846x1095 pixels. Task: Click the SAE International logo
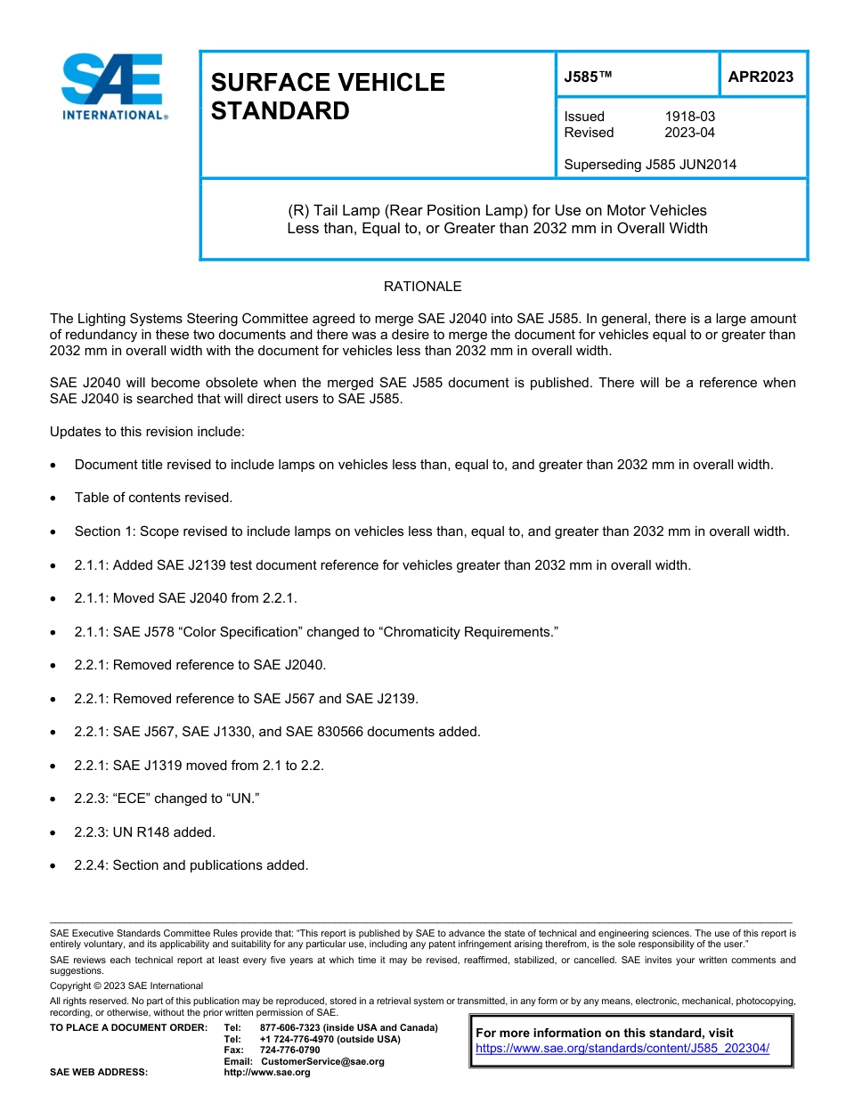(x=113, y=86)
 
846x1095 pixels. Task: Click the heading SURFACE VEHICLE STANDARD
(x=327, y=96)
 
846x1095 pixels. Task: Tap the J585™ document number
(x=588, y=77)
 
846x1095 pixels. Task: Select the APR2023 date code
(x=761, y=77)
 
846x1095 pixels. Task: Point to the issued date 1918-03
(x=689, y=117)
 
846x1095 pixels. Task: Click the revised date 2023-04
(x=689, y=133)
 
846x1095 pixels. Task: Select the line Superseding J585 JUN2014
(x=650, y=165)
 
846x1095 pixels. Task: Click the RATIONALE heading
(x=422, y=287)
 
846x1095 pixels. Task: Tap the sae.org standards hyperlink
(x=622, y=1048)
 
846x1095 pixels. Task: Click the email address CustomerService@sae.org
(x=321, y=1061)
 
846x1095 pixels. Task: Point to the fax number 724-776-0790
(x=289, y=1050)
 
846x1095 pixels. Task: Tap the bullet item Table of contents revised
(x=153, y=498)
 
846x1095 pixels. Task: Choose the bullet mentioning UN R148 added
(x=144, y=831)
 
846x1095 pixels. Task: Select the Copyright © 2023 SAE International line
(x=126, y=985)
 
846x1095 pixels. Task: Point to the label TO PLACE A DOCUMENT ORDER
(x=128, y=1027)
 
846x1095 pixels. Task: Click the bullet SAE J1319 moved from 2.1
(x=199, y=765)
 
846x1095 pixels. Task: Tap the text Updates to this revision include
(x=147, y=432)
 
